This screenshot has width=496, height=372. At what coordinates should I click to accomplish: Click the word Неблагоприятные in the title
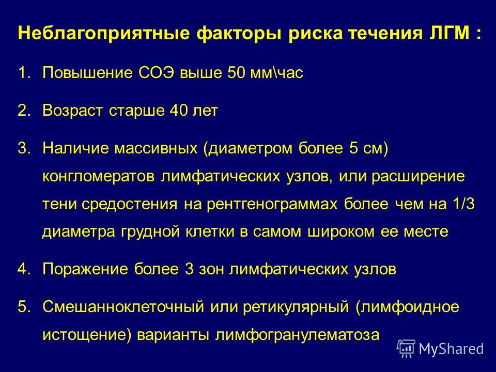click(x=104, y=34)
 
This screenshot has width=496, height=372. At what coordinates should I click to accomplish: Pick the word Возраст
click(x=73, y=111)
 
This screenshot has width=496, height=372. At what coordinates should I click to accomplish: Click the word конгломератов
click(x=98, y=177)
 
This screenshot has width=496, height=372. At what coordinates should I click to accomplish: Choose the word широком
click(x=341, y=232)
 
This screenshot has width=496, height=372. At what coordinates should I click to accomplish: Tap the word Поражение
click(x=85, y=269)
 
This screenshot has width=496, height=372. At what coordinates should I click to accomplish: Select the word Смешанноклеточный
click(x=123, y=306)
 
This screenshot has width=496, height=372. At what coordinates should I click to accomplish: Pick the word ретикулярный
click(x=296, y=307)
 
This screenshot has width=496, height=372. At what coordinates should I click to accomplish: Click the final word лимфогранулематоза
click(x=298, y=335)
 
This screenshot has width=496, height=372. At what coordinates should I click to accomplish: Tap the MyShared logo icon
click(x=406, y=349)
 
